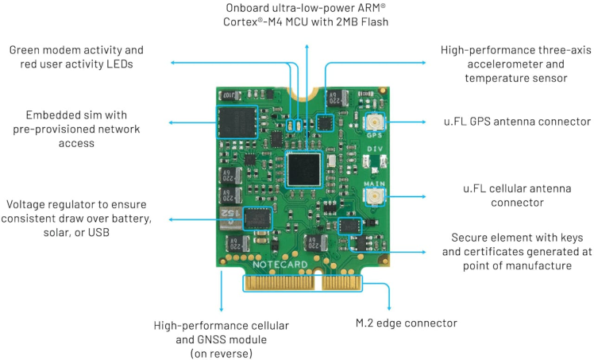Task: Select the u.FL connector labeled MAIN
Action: click(x=373, y=195)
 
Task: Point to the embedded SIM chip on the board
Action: click(x=237, y=126)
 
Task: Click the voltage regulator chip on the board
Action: click(x=256, y=217)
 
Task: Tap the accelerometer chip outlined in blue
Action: click(x=325, y=122)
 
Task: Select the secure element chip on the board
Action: click(x=349, y=226)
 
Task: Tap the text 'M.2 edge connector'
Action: click(x=407, y=323)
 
